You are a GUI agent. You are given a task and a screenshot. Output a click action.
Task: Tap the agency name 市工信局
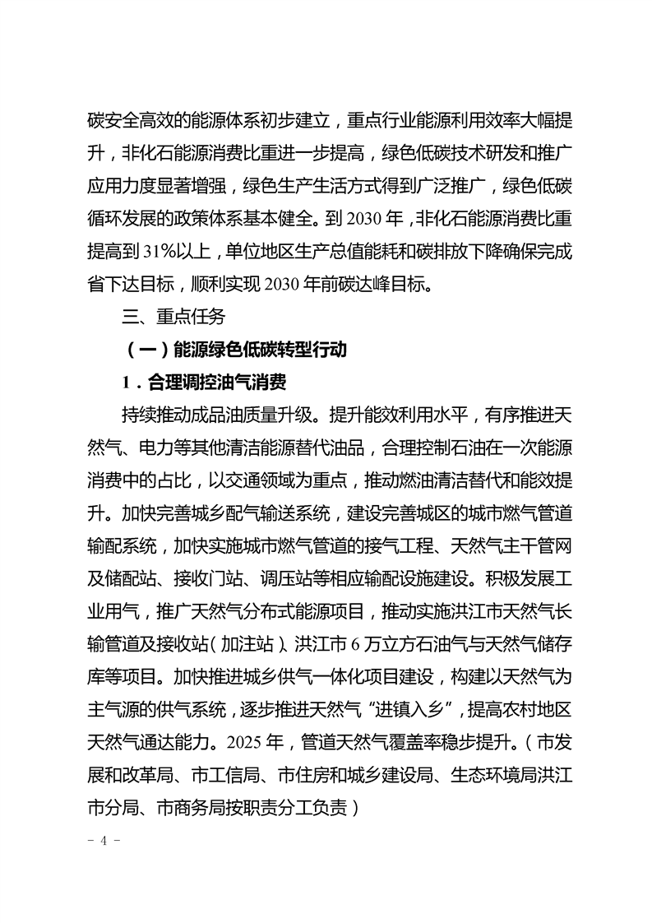point(226,776)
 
